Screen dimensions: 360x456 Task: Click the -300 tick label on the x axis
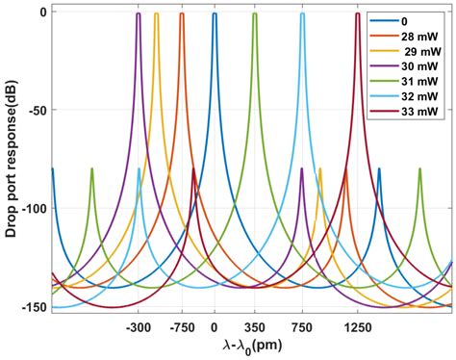click(x=139, y=325)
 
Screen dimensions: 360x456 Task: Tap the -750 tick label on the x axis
click(x=181, y=325)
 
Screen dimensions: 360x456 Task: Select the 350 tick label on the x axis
click(x=254, y=325)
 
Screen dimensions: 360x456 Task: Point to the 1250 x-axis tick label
click(x=357, y=325)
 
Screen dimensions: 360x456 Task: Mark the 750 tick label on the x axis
click(x=302, y=325)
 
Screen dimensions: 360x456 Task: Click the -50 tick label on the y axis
click(x=37, y=111)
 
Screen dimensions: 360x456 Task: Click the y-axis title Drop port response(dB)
click(x=11, y=160)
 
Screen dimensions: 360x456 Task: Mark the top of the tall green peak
click(x=254, y=14)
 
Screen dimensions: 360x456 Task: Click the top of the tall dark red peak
click(x=357, y=14)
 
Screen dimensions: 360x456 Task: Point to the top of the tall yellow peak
click(x=157, y=14)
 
